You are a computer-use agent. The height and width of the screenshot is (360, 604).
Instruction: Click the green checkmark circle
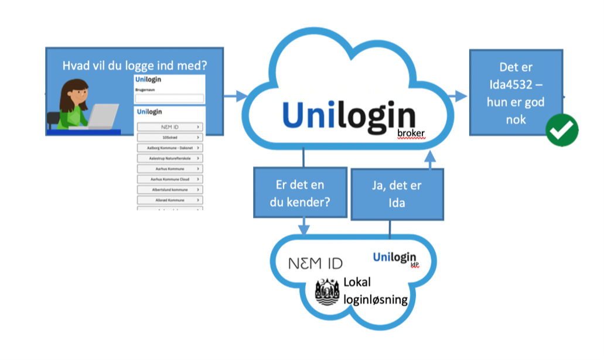point(562,130)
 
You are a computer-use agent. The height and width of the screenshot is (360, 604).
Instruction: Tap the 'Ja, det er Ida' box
point(397,193)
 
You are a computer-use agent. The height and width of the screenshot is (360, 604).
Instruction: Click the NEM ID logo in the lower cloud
point(315,263)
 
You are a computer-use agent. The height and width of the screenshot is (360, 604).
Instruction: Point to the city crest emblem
point(327,292)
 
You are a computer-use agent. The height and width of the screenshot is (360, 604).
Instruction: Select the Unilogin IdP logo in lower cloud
point(395,258)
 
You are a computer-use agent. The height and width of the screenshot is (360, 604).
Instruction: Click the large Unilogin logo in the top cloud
point(349,114)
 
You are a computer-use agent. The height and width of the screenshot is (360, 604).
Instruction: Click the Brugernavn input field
point(169,99)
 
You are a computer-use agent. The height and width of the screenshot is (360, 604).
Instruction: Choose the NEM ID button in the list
point(170,126)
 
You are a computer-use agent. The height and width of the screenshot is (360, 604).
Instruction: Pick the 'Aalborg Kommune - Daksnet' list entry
point(170,148)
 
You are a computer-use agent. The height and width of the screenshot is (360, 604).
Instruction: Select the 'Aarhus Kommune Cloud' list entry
point(170,179)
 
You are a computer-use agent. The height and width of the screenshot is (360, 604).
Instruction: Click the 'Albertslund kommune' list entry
point(170,190)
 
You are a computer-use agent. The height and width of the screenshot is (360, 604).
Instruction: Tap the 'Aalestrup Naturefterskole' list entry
point(170,158)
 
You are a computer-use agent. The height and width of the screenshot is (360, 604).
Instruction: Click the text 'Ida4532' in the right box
point(516,85)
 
